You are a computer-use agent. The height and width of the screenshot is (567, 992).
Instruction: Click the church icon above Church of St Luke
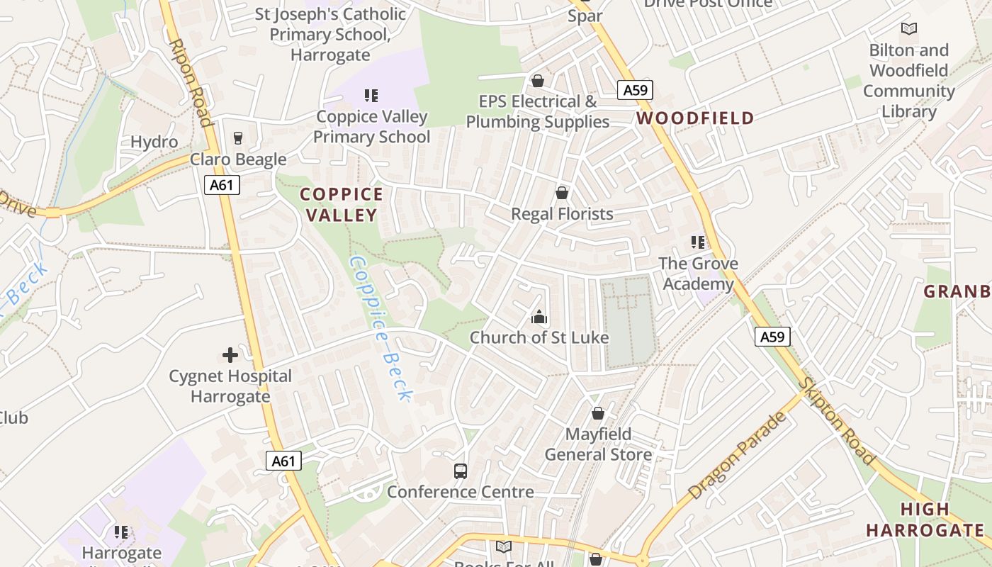(x=539, y=317)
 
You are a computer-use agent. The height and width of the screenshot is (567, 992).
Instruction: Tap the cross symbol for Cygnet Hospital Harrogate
(x=230, y=354)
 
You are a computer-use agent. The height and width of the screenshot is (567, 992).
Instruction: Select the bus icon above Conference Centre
(x=461, y=471)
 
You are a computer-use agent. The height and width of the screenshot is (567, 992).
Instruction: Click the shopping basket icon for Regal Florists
(x=562, y=193)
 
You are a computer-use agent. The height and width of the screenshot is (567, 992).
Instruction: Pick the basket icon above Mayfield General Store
(x=598, y=413)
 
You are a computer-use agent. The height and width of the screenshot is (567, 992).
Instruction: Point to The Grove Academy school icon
(x=698, y=242)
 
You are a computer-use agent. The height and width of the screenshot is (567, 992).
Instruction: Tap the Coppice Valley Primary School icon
(x=371, y=95)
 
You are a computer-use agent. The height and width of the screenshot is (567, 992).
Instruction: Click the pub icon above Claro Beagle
(x=237, y=138)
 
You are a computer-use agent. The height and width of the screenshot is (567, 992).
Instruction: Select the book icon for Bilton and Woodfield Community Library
(x=908, y=29)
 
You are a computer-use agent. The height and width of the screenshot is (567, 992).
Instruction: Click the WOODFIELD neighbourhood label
(x=695, y=118)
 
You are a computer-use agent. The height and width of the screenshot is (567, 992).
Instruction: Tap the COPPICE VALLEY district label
(x=342, y=204)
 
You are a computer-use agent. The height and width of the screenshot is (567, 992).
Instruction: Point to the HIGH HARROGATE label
(x=925, y=520)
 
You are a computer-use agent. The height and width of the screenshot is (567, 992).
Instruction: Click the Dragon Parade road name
(x=738, y=454)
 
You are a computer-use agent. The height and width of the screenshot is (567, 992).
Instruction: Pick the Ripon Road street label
(x=191, y=82)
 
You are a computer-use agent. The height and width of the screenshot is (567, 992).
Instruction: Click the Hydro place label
(x=154, y=142)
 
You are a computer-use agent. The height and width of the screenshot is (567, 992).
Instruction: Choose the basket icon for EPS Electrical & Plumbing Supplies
(x=538, y=81)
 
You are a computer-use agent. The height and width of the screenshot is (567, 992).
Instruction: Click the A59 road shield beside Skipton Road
(x=772, y=337)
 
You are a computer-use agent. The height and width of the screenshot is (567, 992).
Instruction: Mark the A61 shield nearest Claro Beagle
(x=222, y=186)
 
